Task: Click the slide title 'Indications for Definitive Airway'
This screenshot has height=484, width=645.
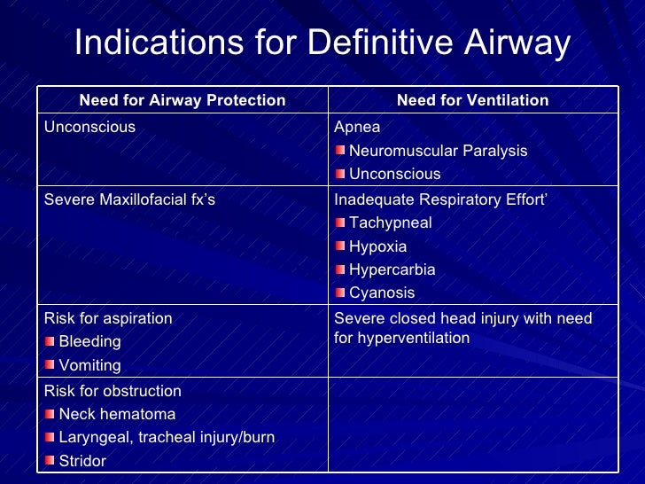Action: point(322,43)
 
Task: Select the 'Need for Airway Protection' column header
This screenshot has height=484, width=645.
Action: point(183,100)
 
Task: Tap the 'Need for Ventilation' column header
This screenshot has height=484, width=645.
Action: point(472,100)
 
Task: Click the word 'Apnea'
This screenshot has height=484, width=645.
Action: point(357,127)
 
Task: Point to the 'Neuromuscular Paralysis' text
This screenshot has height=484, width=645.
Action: point(438,151)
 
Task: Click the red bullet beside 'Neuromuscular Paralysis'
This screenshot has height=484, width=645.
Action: point(340,151)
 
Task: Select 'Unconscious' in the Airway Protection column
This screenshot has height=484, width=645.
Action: point(89,127)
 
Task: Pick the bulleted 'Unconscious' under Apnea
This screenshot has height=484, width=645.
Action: point(394,174)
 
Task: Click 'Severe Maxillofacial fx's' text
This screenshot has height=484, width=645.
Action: point(129,199)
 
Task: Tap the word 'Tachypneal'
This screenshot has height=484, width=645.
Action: point(391,222)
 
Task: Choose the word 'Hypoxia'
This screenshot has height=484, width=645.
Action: point(378,246)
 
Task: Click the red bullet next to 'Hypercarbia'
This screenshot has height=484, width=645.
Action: point(340,269)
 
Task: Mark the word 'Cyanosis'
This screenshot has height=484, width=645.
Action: point(382,293)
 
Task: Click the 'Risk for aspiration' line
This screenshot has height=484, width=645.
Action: point(108,317)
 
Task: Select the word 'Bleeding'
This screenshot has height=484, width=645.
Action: point(89,341)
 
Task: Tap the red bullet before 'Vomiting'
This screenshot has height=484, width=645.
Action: point(50,365)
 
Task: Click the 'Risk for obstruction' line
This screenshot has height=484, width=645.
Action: point(113,391)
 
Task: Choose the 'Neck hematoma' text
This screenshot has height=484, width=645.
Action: point(117,414)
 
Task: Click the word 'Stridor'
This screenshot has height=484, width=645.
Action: point(82,461)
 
